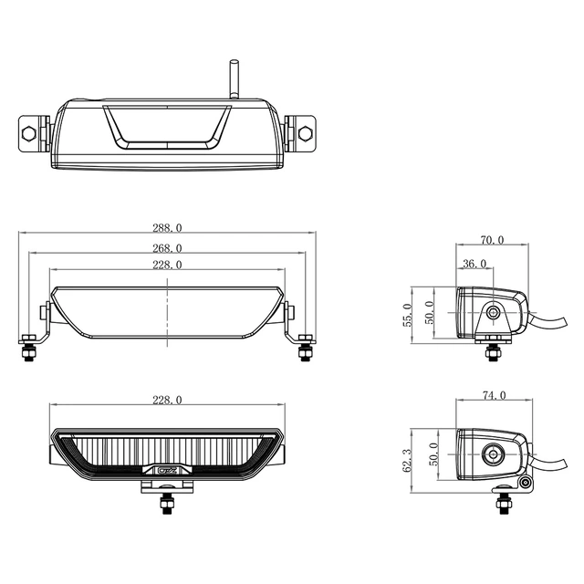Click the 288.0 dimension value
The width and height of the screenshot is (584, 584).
[168, 227]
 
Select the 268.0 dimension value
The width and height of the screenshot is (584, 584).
[168, 247]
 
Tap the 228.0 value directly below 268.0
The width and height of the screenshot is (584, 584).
[168, 265]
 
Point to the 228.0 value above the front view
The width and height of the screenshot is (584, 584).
[168, 400]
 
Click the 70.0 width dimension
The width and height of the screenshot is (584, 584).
[492, 241]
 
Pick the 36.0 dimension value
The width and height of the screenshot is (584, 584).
[474, 264]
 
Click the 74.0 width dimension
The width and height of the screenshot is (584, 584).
[493, 396]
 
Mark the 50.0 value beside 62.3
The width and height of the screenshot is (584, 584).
[433, 453]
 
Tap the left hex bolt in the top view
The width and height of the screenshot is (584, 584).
[28, 133]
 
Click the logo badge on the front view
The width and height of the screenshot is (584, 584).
[167, 472]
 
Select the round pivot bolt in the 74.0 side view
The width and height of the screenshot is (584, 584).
[494, 453]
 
